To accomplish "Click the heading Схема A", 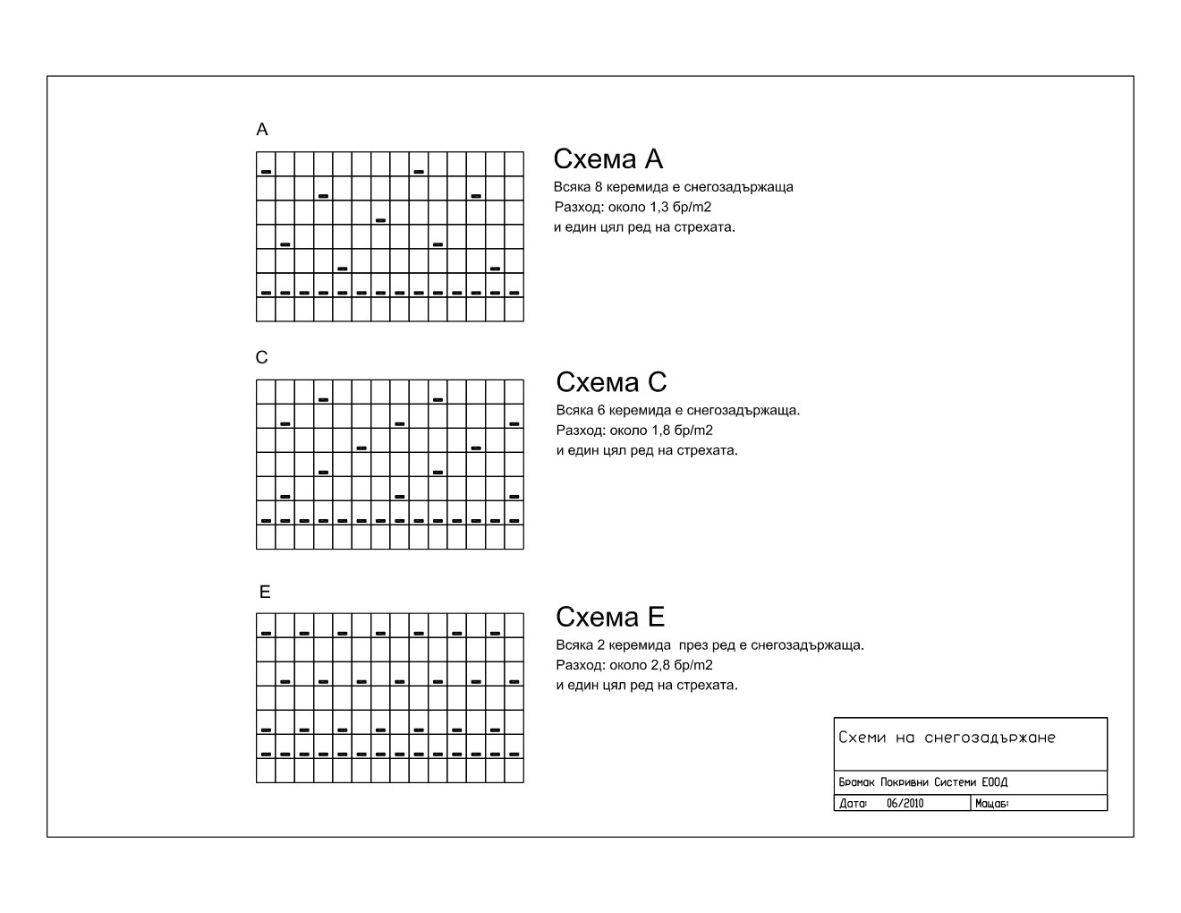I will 607,159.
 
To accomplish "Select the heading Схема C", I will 611,382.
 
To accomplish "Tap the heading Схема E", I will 610,617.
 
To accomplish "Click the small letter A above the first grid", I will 262,130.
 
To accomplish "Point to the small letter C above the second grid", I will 261,358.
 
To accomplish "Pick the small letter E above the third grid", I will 264,593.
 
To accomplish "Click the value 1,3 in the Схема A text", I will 660,207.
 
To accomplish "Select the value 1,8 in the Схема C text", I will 663,431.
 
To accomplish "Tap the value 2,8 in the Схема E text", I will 663,665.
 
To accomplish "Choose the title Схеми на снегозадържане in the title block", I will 947,738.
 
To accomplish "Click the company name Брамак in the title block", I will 857,782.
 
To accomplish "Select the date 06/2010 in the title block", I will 905,804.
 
